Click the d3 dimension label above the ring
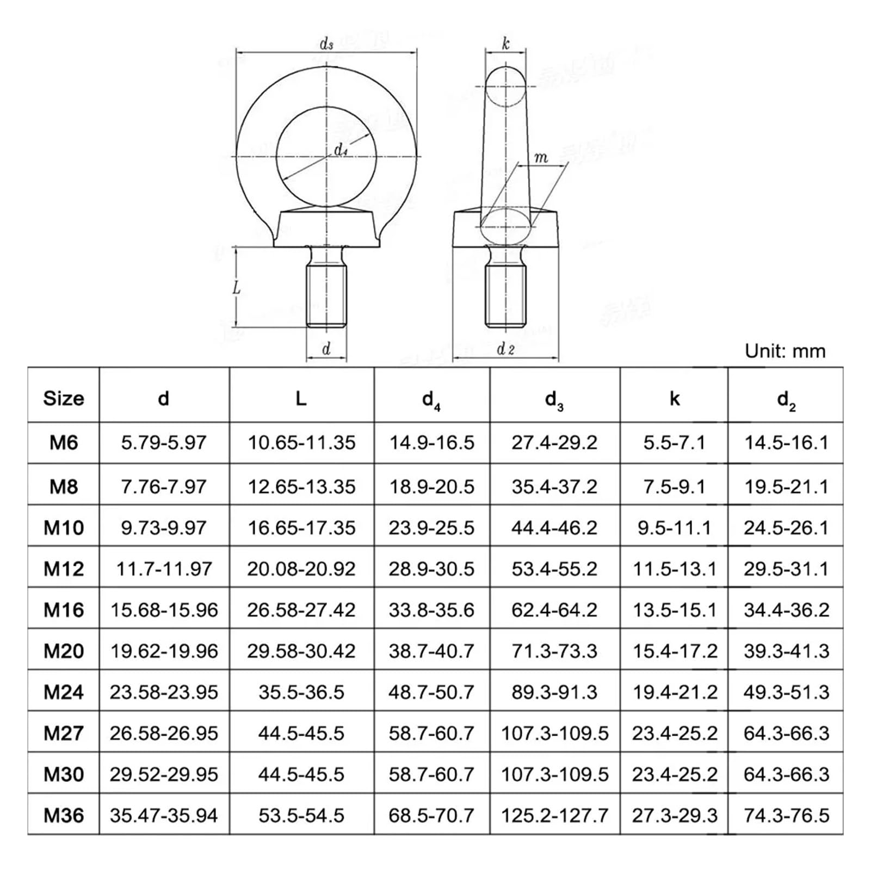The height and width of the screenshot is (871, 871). point(326,44)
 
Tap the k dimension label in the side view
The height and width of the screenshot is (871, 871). point(505,43)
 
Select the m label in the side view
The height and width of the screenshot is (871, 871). point(541,158)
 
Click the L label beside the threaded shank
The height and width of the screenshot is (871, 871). point(237,288)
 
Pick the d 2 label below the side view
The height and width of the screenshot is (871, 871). point(505,349)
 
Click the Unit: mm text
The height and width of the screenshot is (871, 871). point(785,351)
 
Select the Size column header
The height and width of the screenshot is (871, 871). point(64,398)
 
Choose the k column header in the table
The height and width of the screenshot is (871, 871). point(674,399)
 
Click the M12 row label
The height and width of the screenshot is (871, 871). point(64,569)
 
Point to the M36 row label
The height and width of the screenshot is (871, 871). point(64,815)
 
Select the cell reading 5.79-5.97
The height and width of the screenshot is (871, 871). point(164,442)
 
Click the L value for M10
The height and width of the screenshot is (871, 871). point(301,527)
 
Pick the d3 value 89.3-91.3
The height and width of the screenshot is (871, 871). point(554,692)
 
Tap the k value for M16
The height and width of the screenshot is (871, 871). point(674,610)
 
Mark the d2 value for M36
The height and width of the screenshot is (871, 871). point(786,815)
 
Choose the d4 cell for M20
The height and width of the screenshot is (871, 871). point(431,651)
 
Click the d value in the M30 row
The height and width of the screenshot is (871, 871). point(164,774)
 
